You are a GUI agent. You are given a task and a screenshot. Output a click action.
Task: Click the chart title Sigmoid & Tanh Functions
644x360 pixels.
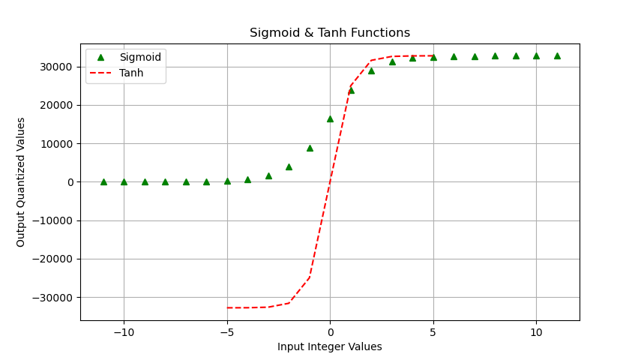point(330,33)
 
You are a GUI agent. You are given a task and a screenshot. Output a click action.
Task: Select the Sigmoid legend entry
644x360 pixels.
point(140,58)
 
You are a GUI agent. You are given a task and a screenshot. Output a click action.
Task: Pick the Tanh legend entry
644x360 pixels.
point(131,73)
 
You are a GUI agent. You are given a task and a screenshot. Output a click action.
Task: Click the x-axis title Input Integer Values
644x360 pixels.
point(330,346)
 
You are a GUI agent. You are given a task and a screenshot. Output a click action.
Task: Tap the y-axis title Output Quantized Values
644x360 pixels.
point(21,182)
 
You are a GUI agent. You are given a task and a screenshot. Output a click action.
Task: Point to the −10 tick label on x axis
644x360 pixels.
point(124,331)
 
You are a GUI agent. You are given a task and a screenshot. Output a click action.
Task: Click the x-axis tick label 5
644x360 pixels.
point(433,331)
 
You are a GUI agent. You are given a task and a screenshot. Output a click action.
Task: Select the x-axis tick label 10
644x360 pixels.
point(536,331)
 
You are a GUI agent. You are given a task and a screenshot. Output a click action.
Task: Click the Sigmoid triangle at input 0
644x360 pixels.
point(330,118)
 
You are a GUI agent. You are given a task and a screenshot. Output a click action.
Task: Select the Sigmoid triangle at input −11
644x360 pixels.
point(103,181)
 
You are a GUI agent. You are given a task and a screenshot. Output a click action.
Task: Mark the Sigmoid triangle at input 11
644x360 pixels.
point(557,55)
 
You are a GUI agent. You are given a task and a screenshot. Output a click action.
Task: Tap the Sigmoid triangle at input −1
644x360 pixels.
point(310,148)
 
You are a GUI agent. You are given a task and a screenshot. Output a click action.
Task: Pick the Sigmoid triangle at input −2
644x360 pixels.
point(289,166)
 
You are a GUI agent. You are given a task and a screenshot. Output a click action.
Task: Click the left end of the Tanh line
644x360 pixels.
point(227,307)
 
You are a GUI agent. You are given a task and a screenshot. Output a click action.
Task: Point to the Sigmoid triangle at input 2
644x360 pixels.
point(371,70)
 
